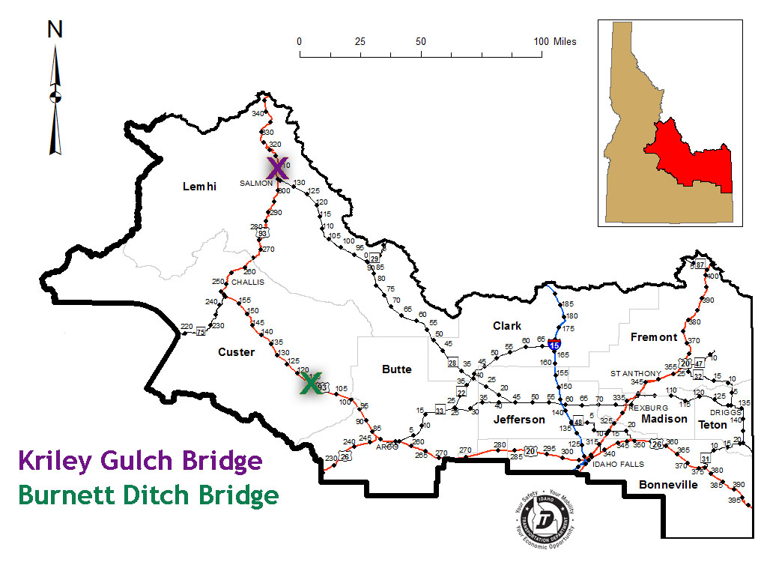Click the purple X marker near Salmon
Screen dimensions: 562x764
(x=276, y=169)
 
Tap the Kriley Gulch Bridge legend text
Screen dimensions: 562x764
(x=140, y=461)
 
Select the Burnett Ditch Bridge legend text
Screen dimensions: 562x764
(x=148, y=495)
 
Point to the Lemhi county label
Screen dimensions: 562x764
(x=199, y=187)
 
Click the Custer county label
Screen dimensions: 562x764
(x=237, y=352)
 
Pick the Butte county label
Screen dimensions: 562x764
(x=397, y=369)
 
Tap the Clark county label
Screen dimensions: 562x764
(x=507, y=326)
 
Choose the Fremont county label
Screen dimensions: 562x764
(x=653, y=337)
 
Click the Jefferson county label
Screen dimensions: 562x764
(x=519, y=420)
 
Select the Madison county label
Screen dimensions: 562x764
(x=664, y=419)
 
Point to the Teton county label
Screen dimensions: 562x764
(x=712, y=425)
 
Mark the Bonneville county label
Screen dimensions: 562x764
(x=668, y=485)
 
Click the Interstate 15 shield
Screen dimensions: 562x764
(x=554, y=345)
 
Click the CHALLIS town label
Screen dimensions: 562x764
(x=248, y=282)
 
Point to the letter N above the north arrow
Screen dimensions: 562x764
(x=55, y=29)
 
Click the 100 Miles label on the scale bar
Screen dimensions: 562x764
(x=554, y=42)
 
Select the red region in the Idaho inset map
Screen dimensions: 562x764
(x=685, y=157)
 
